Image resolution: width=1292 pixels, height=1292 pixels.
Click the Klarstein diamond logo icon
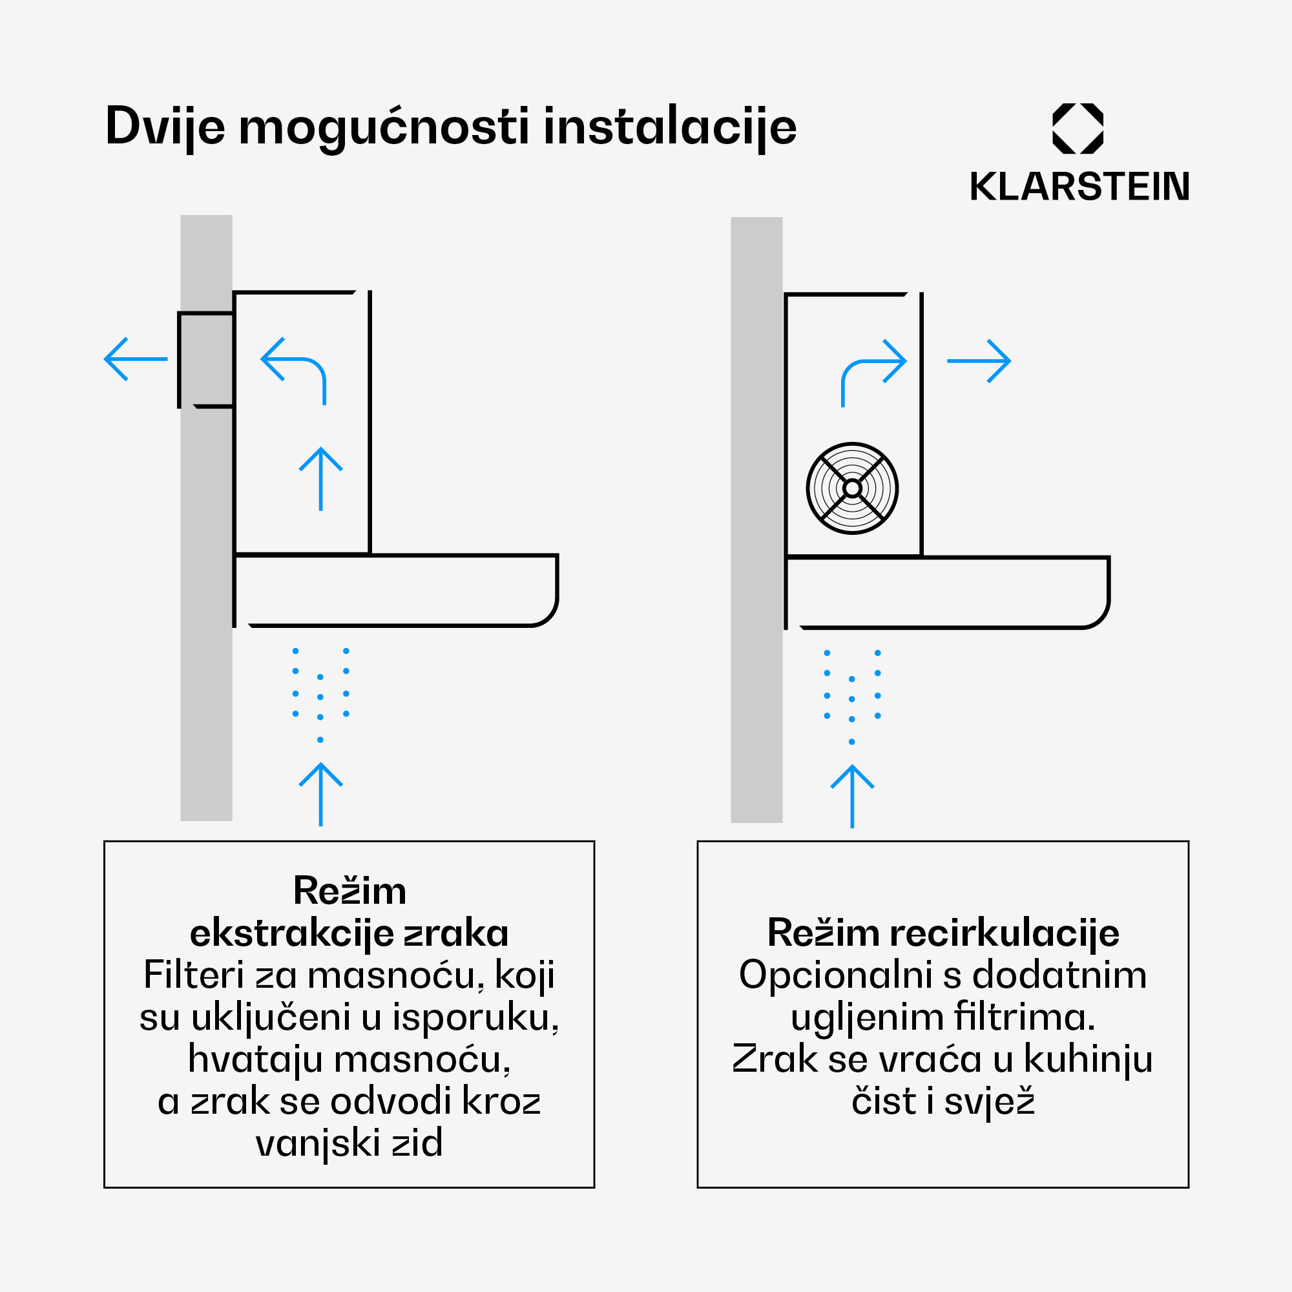[1078, 129]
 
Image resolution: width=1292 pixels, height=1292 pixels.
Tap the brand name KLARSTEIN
[1079, 187]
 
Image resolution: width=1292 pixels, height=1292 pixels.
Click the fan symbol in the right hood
[852, 488]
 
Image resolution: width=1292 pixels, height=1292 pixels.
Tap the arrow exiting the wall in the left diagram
[136, 359]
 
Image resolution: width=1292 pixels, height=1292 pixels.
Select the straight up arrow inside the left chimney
[321, 478]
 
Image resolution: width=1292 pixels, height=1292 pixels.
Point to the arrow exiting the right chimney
[978, 361]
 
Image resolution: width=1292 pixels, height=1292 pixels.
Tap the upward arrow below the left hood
[321, 794]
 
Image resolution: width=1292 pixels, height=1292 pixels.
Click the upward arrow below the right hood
[852, 796]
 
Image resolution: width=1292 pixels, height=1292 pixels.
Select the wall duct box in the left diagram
[206, 360]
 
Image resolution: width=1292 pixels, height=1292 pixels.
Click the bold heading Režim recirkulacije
[943, 932]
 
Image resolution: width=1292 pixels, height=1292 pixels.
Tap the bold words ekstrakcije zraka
[349, 933]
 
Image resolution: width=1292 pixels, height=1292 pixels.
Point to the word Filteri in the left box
[193, 974]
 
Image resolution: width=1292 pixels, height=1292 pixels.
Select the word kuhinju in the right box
[1088, 1059]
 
